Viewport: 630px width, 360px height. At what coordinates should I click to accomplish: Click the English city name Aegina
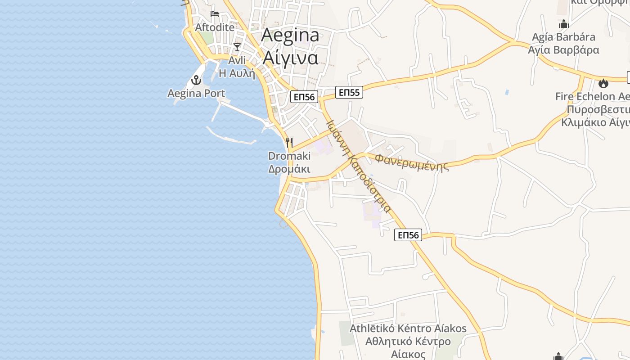point(290,36)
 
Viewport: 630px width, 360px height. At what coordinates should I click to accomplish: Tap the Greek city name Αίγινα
point(290,57)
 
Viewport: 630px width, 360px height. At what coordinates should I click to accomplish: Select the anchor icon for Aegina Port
point(196,81)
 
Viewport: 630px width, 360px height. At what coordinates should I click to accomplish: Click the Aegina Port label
point(196,94)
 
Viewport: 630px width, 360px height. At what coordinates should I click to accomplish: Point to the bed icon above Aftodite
point(215,13)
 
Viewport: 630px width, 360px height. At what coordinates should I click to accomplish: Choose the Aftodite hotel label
point(215,27)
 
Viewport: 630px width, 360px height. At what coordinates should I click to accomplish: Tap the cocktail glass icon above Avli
point(237,47)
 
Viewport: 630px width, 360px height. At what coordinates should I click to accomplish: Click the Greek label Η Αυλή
point(237,73)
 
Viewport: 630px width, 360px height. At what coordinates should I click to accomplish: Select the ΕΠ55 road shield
point(349,93)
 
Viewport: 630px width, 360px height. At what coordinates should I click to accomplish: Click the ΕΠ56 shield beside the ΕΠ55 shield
point(304,97)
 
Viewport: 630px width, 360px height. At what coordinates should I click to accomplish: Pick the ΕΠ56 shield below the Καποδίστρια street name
point(408,235)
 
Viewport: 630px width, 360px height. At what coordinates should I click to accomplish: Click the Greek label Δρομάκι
point(289,169)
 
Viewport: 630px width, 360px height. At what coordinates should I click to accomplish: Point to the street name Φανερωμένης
point(412,162)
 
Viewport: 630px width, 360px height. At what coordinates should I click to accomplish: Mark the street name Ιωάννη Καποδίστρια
point(358,166)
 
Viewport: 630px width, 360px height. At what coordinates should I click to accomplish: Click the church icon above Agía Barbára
point(563,24)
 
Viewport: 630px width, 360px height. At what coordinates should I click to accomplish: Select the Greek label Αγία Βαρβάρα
point(563,49)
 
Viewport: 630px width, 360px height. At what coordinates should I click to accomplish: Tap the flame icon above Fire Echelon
point(603,83)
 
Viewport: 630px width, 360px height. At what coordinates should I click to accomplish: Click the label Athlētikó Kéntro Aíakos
point(408,328)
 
